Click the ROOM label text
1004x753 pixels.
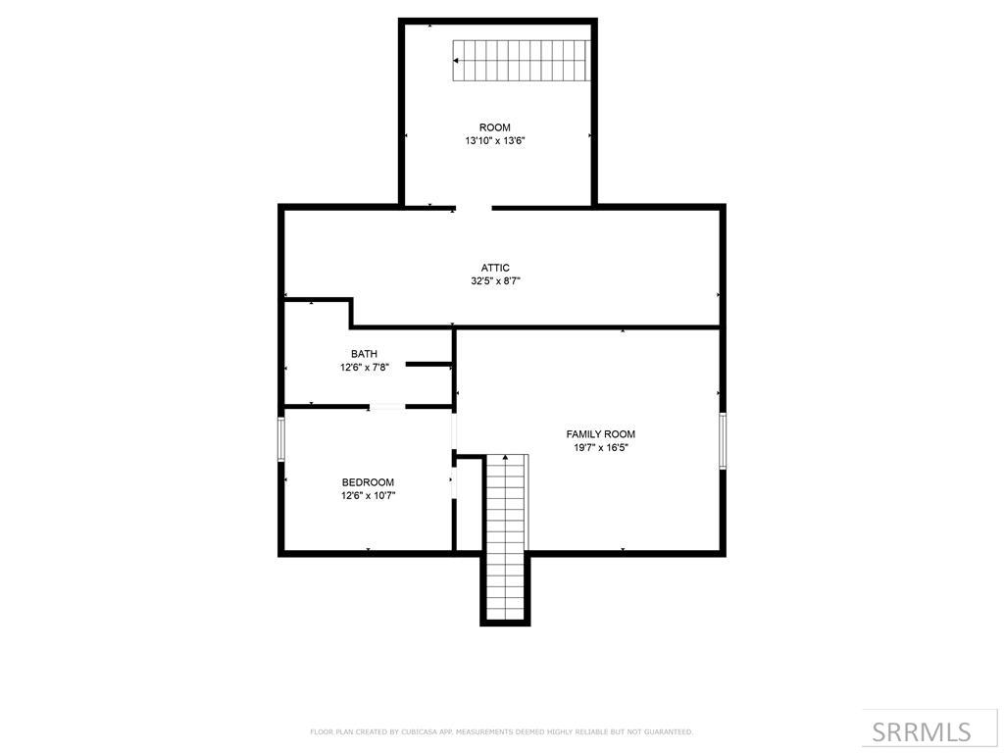(494, 127)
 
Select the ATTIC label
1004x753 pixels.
(495, 268)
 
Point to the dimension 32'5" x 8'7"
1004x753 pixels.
(495, 281)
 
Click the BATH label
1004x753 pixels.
(364, 354)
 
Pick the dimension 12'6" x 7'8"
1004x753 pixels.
(364, 368)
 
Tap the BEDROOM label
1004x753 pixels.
(368, 482)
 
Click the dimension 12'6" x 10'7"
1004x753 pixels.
(368, 496)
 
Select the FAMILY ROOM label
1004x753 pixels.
(600, 434)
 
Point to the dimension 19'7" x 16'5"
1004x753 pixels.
(600, 448)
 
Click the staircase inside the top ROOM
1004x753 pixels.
(521, 61)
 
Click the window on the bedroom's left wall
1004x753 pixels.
(281, 438)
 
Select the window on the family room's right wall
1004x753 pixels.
(723, 440)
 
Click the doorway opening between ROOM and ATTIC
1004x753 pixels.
(474, 208)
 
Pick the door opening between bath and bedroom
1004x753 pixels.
(387, 406)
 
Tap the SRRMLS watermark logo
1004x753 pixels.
(921, 731)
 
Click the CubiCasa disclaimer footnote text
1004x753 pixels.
(501, 731)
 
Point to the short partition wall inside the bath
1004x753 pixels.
(427, 364)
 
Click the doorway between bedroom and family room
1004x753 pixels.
(454, 431)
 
